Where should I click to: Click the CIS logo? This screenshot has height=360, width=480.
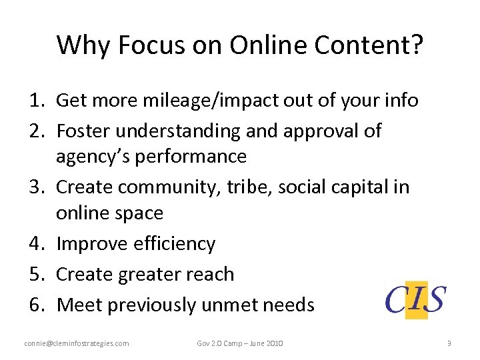coord(416,299)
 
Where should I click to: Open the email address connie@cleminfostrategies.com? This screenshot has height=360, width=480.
coord(77,343)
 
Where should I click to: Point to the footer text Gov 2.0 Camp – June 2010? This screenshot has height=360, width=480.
coord(240,343)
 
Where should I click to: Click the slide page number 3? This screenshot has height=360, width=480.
coord(449,343)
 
